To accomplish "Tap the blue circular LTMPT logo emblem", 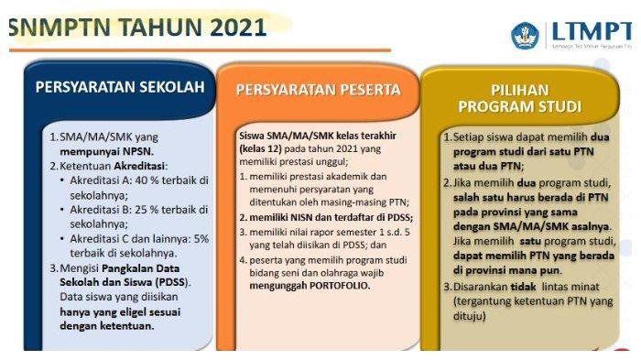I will [527, 36].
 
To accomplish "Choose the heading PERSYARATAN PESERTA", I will [318, 90].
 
